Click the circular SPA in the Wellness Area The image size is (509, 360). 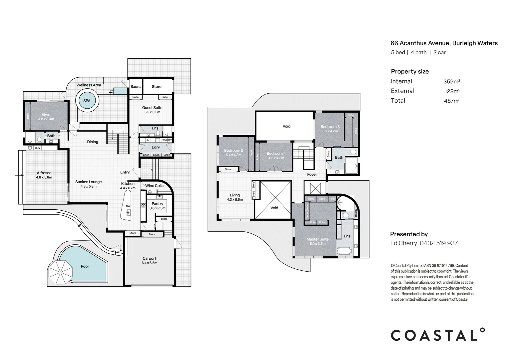(87, 101)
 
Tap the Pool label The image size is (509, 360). (85, 266)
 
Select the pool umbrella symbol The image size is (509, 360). (60, 271)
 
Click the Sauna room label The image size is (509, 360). (136, 87)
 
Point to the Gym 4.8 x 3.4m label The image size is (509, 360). (46, 117)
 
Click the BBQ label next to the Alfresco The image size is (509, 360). (38, 148)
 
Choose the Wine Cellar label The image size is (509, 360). (155, 186)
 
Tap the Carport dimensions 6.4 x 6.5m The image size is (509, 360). (149, 263)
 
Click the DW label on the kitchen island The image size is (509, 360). (128, 206)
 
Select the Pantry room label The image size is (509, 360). (158, 204)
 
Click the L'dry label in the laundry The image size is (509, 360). (156, 147)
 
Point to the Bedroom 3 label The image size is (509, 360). (330, 127)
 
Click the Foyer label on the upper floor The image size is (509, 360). (312, 175)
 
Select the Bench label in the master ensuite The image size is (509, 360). (356, 213)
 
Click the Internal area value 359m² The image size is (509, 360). (451, 82)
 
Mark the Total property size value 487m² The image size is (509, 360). (452, 101)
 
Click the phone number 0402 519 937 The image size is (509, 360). (439, 243)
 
